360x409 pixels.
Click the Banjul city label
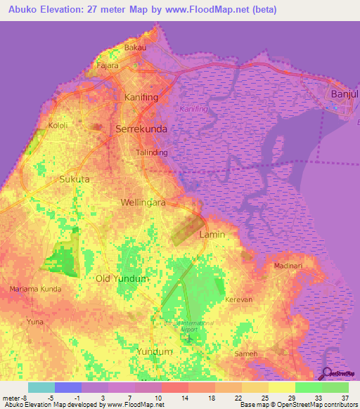pos(344,93)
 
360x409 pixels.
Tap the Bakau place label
pos(134,48)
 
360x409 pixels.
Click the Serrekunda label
pos(140,129)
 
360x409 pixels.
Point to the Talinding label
pos(151,152)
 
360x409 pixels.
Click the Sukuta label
pos(75,179)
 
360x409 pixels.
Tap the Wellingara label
pos(143,202)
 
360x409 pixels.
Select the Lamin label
pos(212,235)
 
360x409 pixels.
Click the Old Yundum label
pos(122,278)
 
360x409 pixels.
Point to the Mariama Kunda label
pos(36,289)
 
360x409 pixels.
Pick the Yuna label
pos(34,321)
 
